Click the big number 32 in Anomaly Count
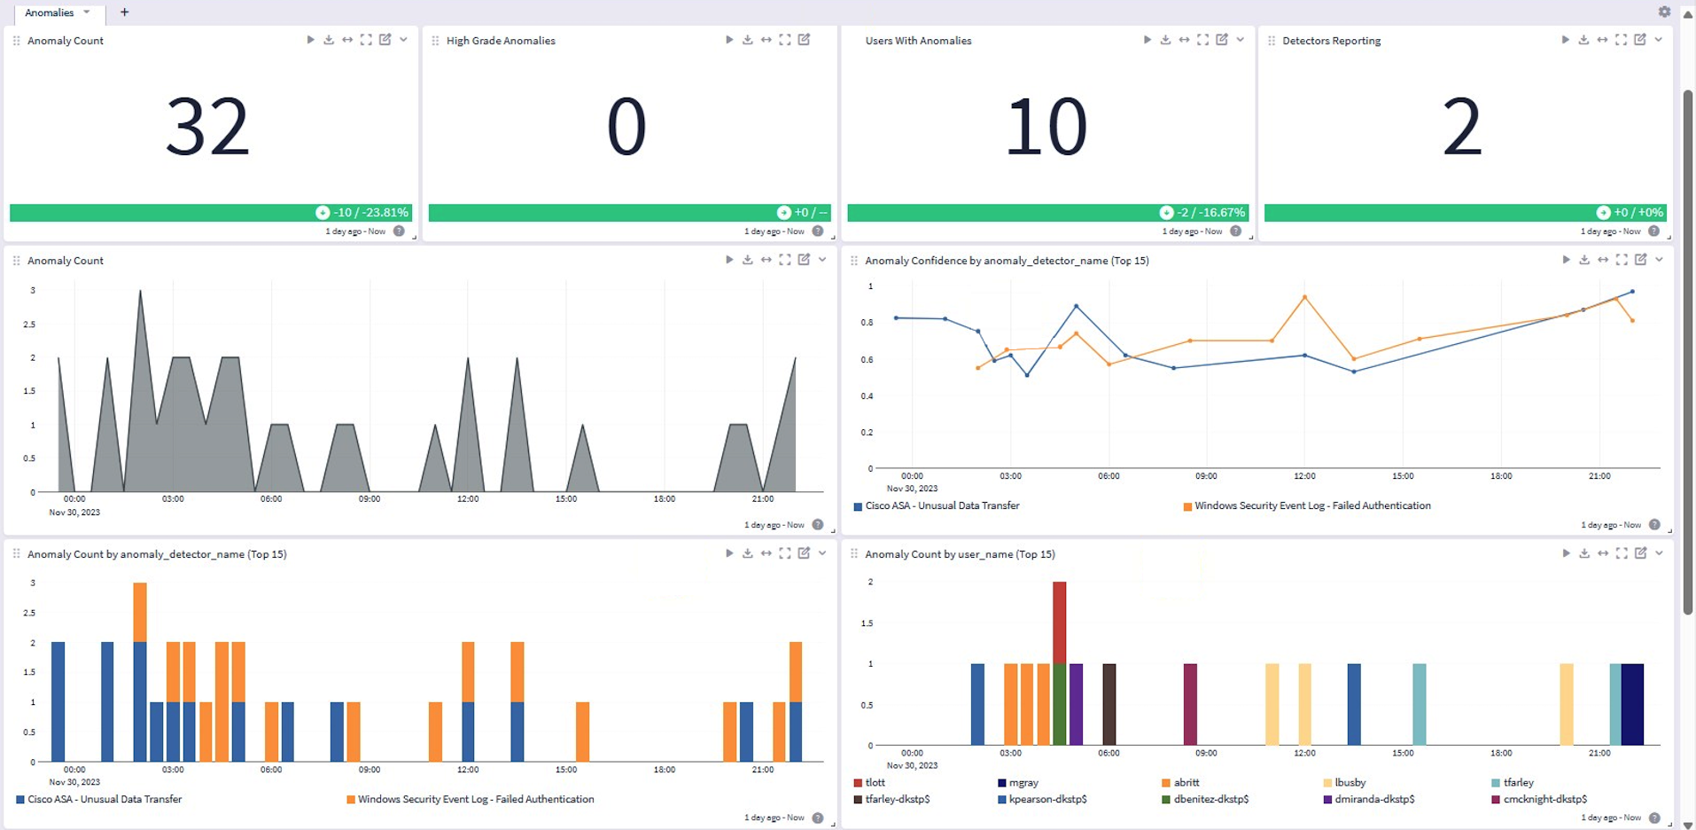pyautogui.click(x=207, y=128)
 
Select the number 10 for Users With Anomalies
pyautogui.click(x=1046, y=128)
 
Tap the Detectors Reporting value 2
pyautogui.click(x=1462, y=128)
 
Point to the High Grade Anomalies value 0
pyautogui.click(x=626, y=128)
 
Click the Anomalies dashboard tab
pyautogui.click(x=51, y=12)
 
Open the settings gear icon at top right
pyautogui.click(x=1664, y=12)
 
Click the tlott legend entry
pyautogui.click(x=875, y=783)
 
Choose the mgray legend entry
pyautogui.click(x=1023, y=783)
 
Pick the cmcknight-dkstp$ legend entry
pyautogui.click(x=1544, y=799)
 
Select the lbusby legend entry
pyautogui.click(x=1350, y=783)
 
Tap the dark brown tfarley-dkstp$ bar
pyautogui.click(x=1109, y=704)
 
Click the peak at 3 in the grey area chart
pyautogui.click(x=140, y=293)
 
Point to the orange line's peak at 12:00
pyautogui.click(x=1304, y=297)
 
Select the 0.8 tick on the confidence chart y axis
pyautogui.click(x=867, y=323)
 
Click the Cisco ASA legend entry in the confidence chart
pyautogui.click(x=942, y=506)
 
